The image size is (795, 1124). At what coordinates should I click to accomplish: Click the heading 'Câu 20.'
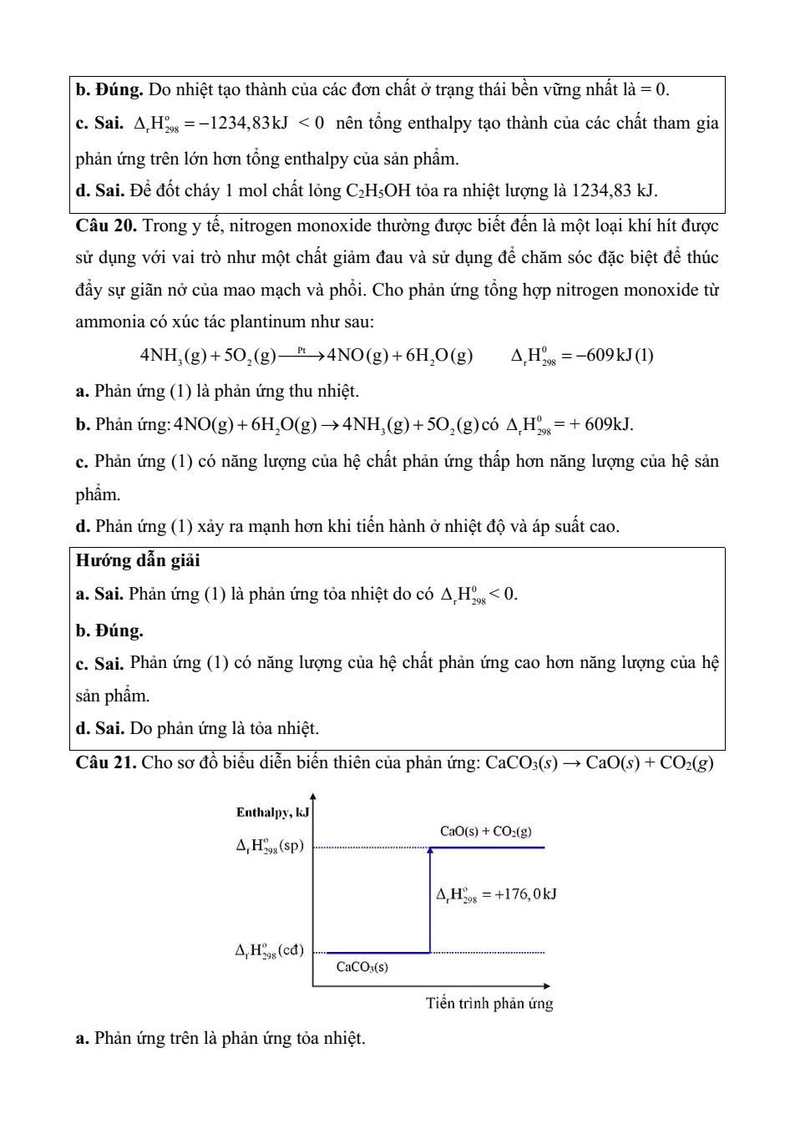pyautogui.click(x=106, y=225)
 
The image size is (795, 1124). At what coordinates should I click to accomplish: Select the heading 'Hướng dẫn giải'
pyautogui.click(x=138, y=560)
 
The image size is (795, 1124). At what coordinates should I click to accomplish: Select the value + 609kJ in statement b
pyautogui.click(x=602, y=425)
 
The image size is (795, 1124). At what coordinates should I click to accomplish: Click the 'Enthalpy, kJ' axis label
pyautogui.click(x=271, y=812)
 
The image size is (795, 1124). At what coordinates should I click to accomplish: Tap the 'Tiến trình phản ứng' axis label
pyautogui.click(x=489, y=1003)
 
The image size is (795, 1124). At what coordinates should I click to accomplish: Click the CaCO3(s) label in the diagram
pyautogui.click(x=362, y=967)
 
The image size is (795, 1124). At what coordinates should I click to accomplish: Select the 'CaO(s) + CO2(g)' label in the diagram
pyautogui.click(x=485, y=831)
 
